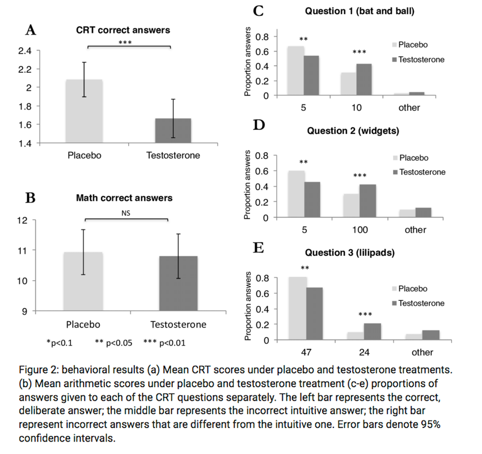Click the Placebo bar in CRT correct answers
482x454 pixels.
[x=84, y=111]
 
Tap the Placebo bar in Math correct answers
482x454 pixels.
[x=84, y=281]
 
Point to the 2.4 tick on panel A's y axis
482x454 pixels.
[x=24, y=51]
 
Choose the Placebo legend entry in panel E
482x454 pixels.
[x=417, y=288]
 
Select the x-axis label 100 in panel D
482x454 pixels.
[x=360, y=230]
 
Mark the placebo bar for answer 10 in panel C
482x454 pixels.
[x=348, y=83]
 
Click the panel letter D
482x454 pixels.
[x=259, y=124]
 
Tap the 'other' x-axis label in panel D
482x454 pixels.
[x=415, y=230]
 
